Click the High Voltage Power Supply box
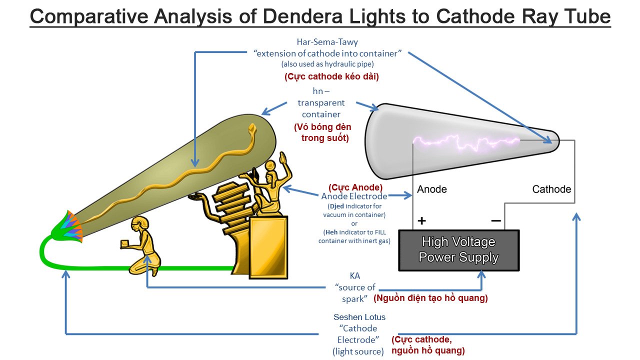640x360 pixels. click(x=458, y=250)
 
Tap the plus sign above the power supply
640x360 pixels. click(x=421, y=220)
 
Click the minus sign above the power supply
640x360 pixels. click(x=495, y=220)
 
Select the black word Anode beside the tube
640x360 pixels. click(x=431, y=189)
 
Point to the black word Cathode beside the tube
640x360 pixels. click(x=551, y=189)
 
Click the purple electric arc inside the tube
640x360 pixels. click(x=465, y=143)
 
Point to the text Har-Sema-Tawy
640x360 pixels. click(x=327, y=42)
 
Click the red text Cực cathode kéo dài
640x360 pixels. click(x=331, y=77)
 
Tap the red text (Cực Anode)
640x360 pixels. click(x=355, y=187)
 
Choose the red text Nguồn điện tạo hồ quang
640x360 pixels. click(x=430, y=298)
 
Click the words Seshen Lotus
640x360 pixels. click(x=359, y=317)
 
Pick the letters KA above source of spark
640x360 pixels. click(x=354, y=276)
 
